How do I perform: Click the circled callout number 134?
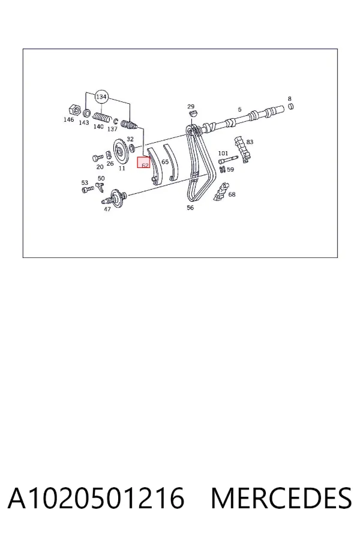(101, 97)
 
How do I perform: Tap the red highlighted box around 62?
(143, 162)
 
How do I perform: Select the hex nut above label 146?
(74, 110)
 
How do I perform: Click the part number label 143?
(84, 122)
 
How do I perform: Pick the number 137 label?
(112, 129)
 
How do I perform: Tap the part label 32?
(130, 139)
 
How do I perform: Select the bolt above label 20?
(97, 158)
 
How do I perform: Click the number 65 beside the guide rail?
(165, 162)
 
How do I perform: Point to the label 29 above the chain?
(191, 107)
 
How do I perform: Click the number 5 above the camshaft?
(240, 110)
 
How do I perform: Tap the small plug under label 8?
(291, 106)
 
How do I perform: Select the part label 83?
(250, 142)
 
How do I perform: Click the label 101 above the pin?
(223, 153)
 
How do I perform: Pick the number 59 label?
(230, 169)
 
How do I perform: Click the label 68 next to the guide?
(232, 194)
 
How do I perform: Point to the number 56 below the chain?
(190, 208)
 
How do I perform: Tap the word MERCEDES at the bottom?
(281, 498)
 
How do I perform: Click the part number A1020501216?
(96, 498)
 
